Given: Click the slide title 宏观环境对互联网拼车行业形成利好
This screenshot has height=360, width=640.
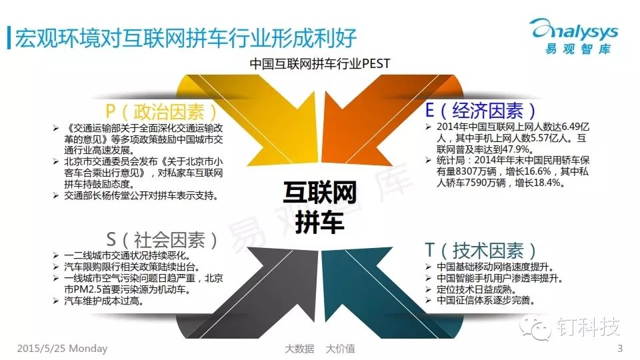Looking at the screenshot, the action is [x=186, y=39].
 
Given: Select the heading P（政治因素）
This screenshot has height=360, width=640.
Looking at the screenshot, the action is [x=161, y=111].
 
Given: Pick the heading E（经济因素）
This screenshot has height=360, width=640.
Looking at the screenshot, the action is [x=481, y=110].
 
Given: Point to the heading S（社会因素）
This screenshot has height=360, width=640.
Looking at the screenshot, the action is [x=162, y=240].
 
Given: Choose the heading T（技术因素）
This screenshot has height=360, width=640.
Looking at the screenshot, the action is [x=481, y=250].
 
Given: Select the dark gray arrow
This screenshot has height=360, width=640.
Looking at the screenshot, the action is [x=253, y=293].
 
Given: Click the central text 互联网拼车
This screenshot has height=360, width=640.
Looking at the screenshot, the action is [x=319, y=208].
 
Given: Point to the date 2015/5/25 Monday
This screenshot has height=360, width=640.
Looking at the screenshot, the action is [x=62, y=349].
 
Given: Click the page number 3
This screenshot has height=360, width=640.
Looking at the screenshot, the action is [x=620, y=349].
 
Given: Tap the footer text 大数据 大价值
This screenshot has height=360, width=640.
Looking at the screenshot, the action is [x=319, y=349].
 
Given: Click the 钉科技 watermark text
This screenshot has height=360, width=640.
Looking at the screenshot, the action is [x=588, y=327].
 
